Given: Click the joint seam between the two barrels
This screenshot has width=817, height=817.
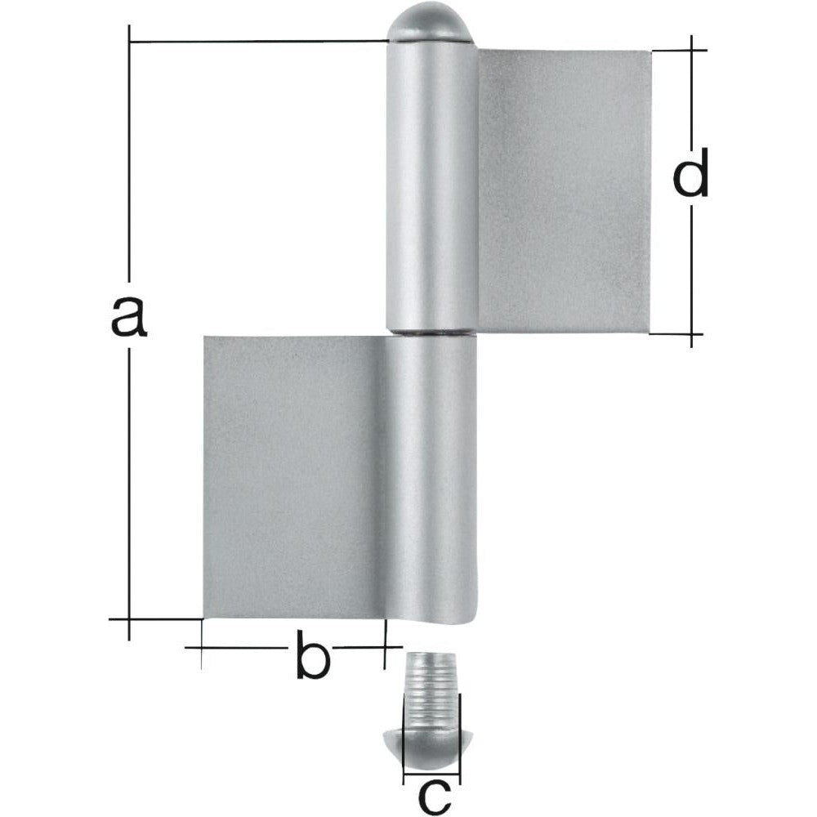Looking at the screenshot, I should pyautogui.click(x=431, y=333).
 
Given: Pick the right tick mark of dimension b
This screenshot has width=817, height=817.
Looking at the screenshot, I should pyautogui.click(x=384, y=647).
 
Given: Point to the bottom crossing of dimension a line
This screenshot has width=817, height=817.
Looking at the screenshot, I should pyautogui.click(x=129, y=619).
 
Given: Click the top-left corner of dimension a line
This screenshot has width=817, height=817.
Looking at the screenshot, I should pyautogui.click(x=129, y=41).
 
